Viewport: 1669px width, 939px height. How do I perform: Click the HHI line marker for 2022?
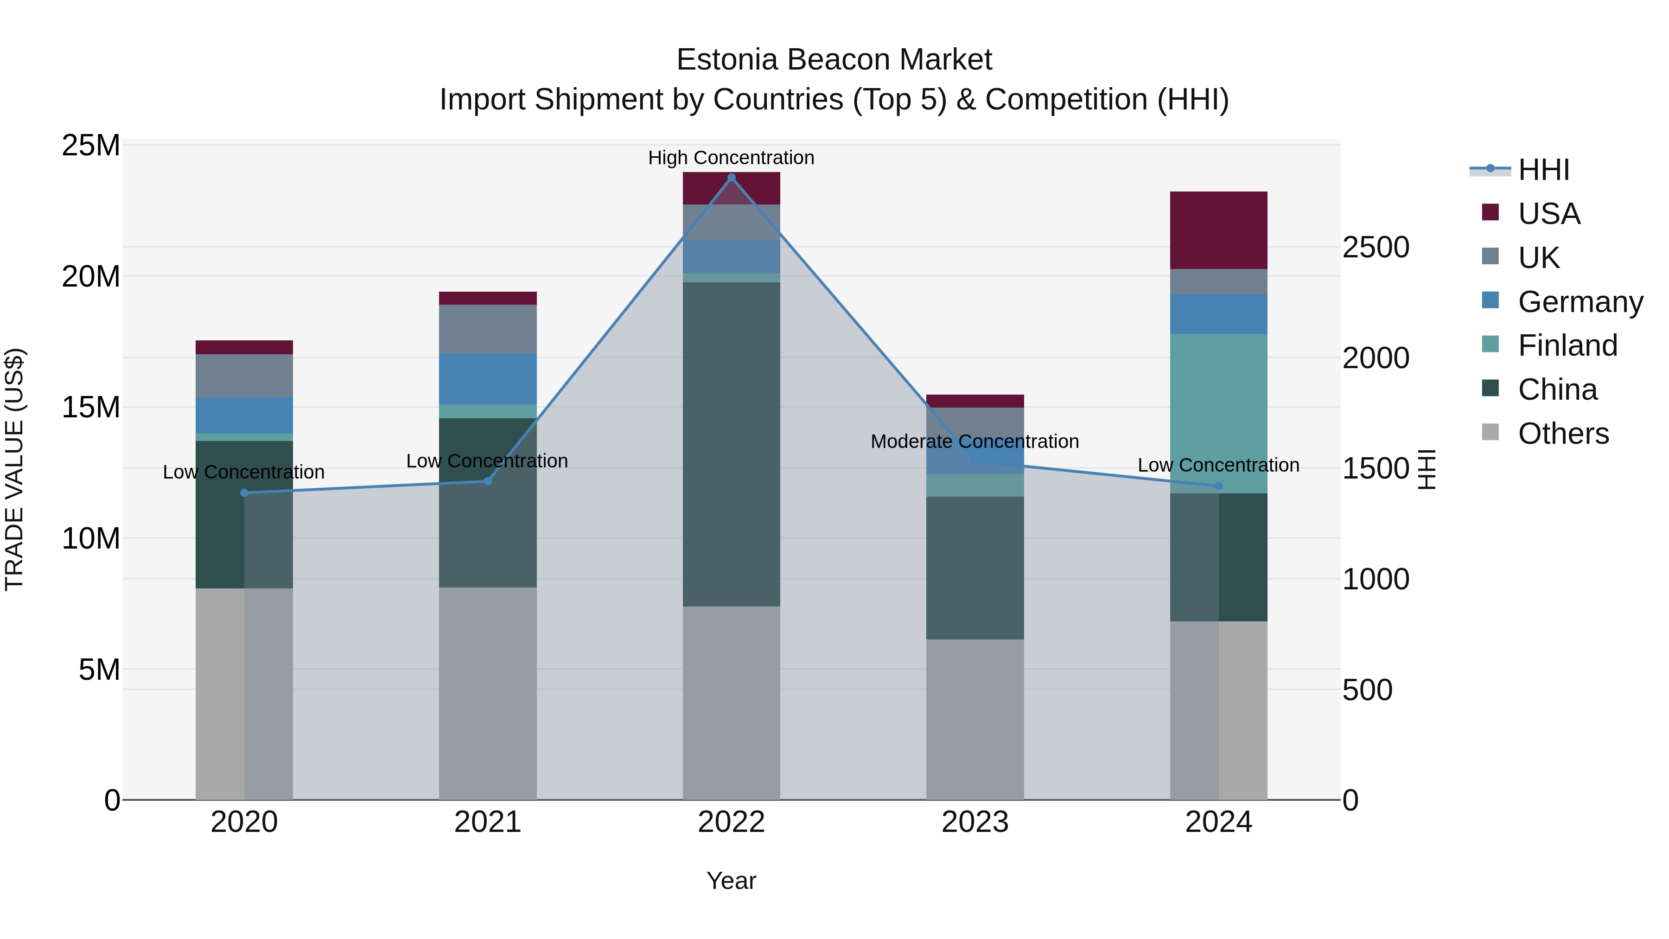coord(732,178)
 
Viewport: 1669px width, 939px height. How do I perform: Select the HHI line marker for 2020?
coord(244,493)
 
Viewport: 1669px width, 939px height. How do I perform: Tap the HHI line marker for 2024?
coord(1219,486)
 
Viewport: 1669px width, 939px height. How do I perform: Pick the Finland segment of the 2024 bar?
coord(1219,414)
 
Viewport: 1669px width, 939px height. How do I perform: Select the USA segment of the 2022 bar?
coord(732,189)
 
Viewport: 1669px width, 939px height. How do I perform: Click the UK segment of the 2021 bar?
coord(488,329)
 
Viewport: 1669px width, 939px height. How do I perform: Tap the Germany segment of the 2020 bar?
coord(244,415)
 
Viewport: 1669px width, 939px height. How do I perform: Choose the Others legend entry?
coord(1563,434)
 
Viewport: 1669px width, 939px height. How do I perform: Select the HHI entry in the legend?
coord(1543,170)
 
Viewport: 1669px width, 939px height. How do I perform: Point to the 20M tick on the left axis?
coord(91,277)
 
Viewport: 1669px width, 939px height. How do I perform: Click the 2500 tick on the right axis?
coord(1376,248)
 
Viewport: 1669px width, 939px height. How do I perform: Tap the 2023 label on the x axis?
coord(975,822)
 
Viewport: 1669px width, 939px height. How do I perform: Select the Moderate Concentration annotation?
coord(975,441)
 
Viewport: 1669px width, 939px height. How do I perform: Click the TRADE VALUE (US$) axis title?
coord(15,469)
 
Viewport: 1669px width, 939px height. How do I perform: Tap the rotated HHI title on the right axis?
coord(1427,469)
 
